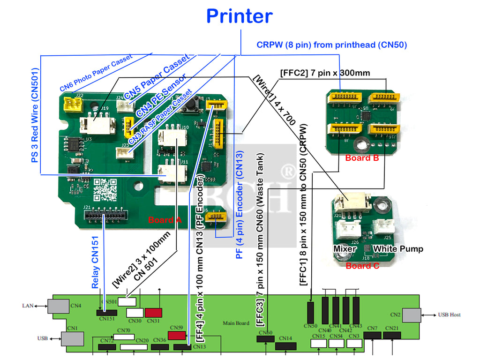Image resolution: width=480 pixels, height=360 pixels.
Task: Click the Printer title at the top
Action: (240, 16)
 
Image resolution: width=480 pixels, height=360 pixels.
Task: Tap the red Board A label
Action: (164, 220)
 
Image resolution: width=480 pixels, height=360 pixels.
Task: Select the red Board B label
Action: (362, 158)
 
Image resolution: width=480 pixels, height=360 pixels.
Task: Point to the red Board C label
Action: (362, 266)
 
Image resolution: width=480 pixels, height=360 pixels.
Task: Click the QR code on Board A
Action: (105, 189)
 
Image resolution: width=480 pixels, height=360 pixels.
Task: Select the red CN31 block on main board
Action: (153, 313)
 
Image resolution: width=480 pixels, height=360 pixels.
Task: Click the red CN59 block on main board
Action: (177, 336)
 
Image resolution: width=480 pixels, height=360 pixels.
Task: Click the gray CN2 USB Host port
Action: (411, 315)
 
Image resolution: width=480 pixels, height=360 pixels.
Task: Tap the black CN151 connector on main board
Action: (107, 312)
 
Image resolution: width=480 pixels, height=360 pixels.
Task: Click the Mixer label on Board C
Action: (345, 248)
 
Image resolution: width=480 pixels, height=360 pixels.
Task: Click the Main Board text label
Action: (236, 323)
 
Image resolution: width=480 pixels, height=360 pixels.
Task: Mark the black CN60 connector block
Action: (265, 338)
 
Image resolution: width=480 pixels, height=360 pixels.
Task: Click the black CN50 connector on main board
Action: (311, 312)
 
